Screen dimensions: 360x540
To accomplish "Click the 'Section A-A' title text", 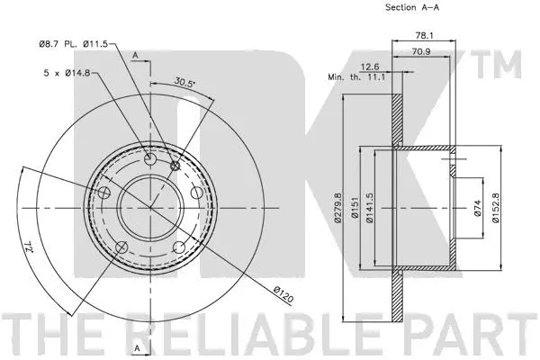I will coord(412,8).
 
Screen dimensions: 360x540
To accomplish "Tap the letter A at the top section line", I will coord(134,55).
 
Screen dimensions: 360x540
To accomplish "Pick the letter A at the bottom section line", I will coord(134,346).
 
